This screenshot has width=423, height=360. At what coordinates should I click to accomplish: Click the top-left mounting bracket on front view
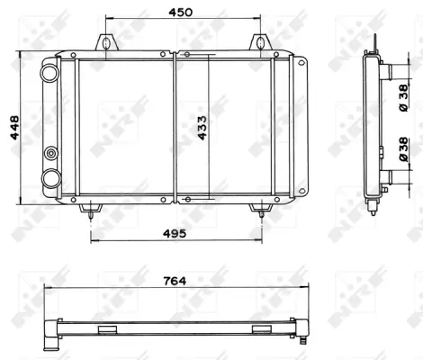(107, 42)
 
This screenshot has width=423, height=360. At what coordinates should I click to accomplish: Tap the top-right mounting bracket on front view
(258, 42)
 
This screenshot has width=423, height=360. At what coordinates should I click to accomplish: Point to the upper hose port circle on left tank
(51, 70)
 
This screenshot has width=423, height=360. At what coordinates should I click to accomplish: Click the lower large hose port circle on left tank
(51, 176)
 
